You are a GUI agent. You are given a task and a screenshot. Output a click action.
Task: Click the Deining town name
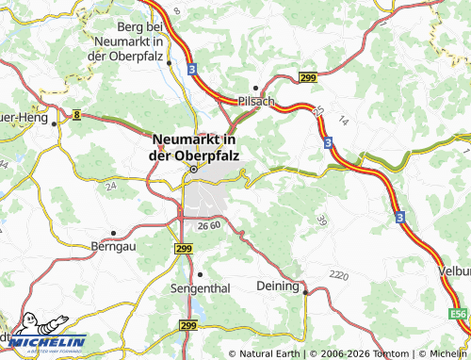click(278, 285)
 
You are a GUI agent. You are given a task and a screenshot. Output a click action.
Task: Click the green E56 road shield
click(458, 313)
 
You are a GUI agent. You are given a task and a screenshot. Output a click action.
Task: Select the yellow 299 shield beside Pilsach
click(307, 77)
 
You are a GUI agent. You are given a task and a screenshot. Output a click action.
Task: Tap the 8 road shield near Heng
click(75, 113)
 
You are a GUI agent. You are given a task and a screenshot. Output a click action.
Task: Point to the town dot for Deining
click(305, 292)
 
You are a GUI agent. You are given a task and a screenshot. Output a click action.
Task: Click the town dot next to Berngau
click(113, 232)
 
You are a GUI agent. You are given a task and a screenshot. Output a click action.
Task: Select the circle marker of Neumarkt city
click(193, 170)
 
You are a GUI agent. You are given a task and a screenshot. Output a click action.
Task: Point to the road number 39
click(323, 220)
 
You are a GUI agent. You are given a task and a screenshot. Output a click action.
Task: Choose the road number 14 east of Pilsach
click(343, 121)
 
